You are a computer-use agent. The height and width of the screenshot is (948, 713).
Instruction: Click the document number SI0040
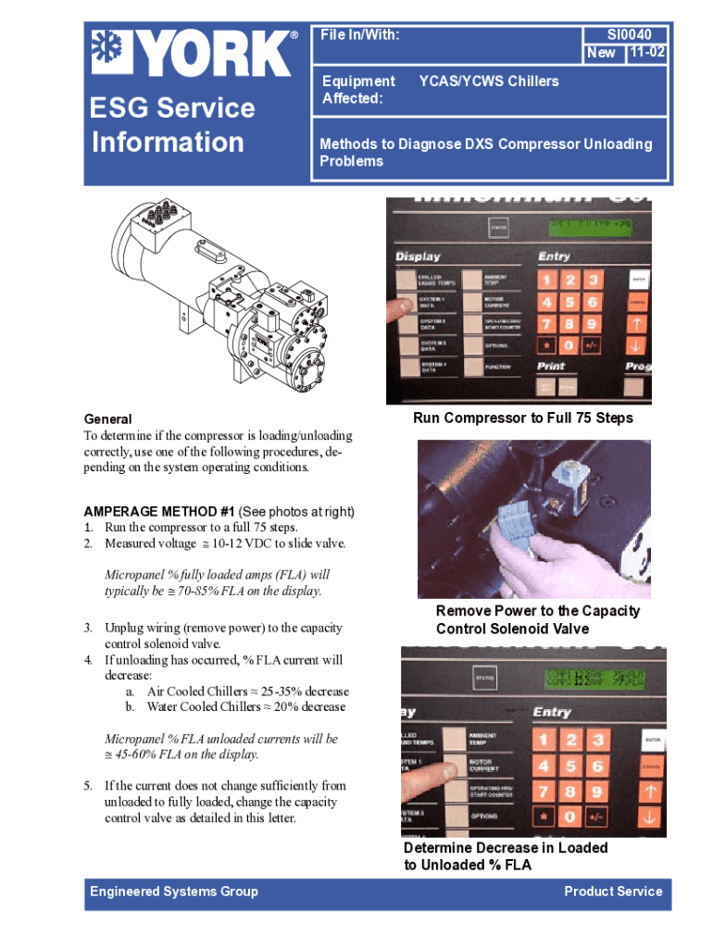629,35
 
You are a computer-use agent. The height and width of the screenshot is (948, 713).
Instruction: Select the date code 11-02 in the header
645,53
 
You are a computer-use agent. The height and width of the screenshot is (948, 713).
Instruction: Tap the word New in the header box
601,53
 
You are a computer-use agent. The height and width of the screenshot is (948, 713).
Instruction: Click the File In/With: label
359,35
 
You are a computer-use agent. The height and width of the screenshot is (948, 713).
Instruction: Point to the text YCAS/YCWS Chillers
489,81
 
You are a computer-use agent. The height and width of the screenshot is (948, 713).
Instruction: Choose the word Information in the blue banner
168,142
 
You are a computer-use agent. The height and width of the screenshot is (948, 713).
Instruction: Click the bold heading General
107,418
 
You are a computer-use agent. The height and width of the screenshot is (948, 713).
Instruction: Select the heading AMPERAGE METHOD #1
158,512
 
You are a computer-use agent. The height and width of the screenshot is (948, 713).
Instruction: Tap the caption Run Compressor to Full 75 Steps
522,418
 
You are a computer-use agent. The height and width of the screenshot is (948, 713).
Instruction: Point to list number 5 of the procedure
89,786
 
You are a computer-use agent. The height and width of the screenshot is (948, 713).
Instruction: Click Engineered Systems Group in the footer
173,892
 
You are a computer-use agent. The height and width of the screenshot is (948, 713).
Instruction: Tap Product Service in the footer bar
613,892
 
